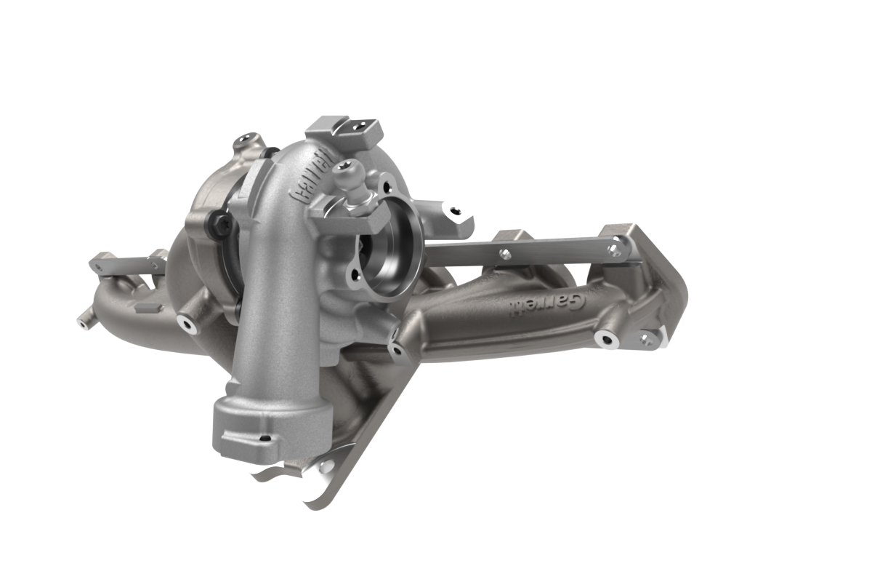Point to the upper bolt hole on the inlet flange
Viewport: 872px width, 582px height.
point(386,188)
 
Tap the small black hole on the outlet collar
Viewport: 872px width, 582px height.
point(266,438)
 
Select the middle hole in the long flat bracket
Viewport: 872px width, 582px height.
point(505,254)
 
